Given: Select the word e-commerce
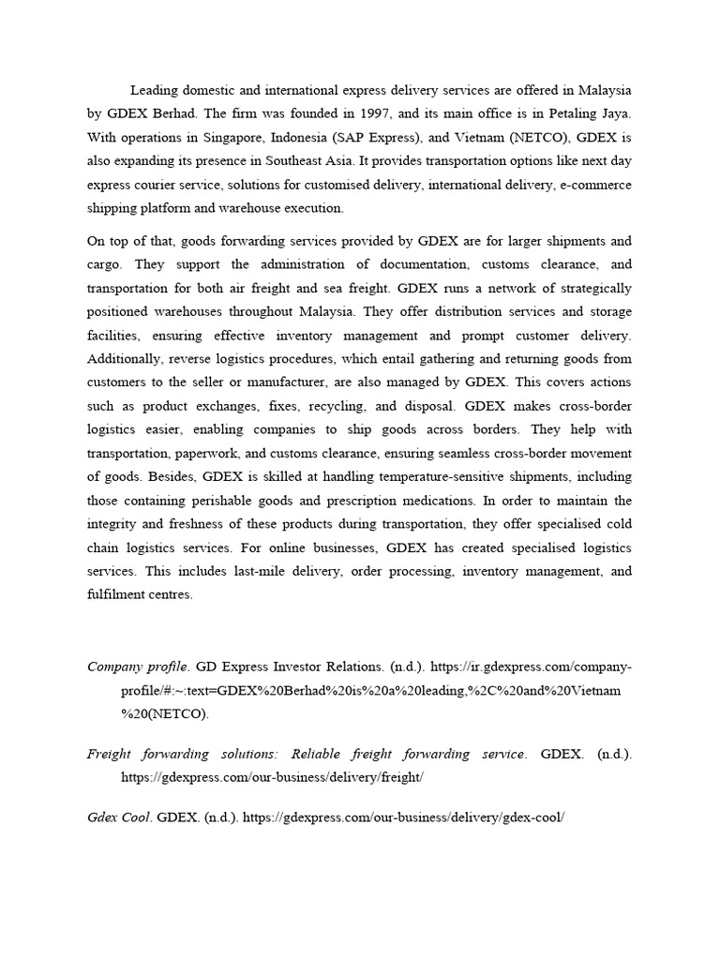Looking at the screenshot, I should coord(595,185).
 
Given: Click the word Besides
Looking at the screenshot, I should coord(171,476).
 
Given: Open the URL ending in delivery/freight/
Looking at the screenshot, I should coord(272,777).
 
